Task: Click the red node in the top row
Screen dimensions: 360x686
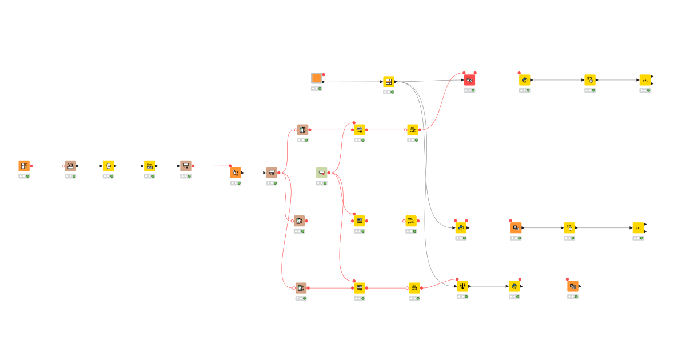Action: click(x=469, y=81)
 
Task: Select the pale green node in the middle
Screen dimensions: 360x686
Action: click(x=322, y=173)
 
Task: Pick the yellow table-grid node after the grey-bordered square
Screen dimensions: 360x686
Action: click(x=389, y=82)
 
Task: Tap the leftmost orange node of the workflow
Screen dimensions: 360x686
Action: click(x=24, y=166)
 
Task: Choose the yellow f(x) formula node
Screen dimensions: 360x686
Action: click(x=109, y=166)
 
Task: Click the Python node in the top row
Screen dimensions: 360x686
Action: click(x=525, y=81)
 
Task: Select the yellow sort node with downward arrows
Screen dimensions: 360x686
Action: click(x=463, y=286)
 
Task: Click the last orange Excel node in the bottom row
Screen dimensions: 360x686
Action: click(x=573, y=286)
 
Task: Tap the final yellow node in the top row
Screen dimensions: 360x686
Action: click(x=645, y=80)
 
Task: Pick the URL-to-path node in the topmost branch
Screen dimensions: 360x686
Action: click(x=413, y=130)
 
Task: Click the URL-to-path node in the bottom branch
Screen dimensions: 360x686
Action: click(x=414, y=288)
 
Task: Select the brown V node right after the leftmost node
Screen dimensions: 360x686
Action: click(x=70, y=166)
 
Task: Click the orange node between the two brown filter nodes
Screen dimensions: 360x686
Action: click(x=236, y=173)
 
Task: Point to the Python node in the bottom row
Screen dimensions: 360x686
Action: click(x=514, y=286)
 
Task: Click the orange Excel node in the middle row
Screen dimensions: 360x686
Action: click(x=516, y=228)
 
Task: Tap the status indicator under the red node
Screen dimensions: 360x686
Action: click(x=469, y=90)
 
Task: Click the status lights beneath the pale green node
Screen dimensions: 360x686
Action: click(x=322, y=183)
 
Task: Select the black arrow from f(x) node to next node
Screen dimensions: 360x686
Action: click(x=129, y=166)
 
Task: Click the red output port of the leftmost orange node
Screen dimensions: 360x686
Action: click(x=31, y=166)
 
